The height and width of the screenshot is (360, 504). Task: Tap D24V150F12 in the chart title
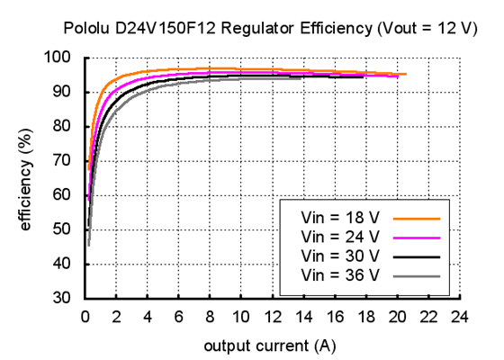(x=160, y=28)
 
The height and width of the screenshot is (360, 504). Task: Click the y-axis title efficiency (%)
(x=26, y=179)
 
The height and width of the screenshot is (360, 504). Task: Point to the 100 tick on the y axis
(x=63, y=58)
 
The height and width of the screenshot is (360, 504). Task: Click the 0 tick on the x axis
(x=85, y=316)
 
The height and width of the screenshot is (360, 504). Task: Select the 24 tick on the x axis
(x=459, y=316)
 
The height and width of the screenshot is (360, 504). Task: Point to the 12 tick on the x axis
(x=272, y=316)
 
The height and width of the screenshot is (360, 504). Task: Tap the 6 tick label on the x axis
(x=178, y=316)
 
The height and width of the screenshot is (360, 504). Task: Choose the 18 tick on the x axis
(x=365, y=316)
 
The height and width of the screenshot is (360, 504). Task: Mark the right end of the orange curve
(x=405, y=74)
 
